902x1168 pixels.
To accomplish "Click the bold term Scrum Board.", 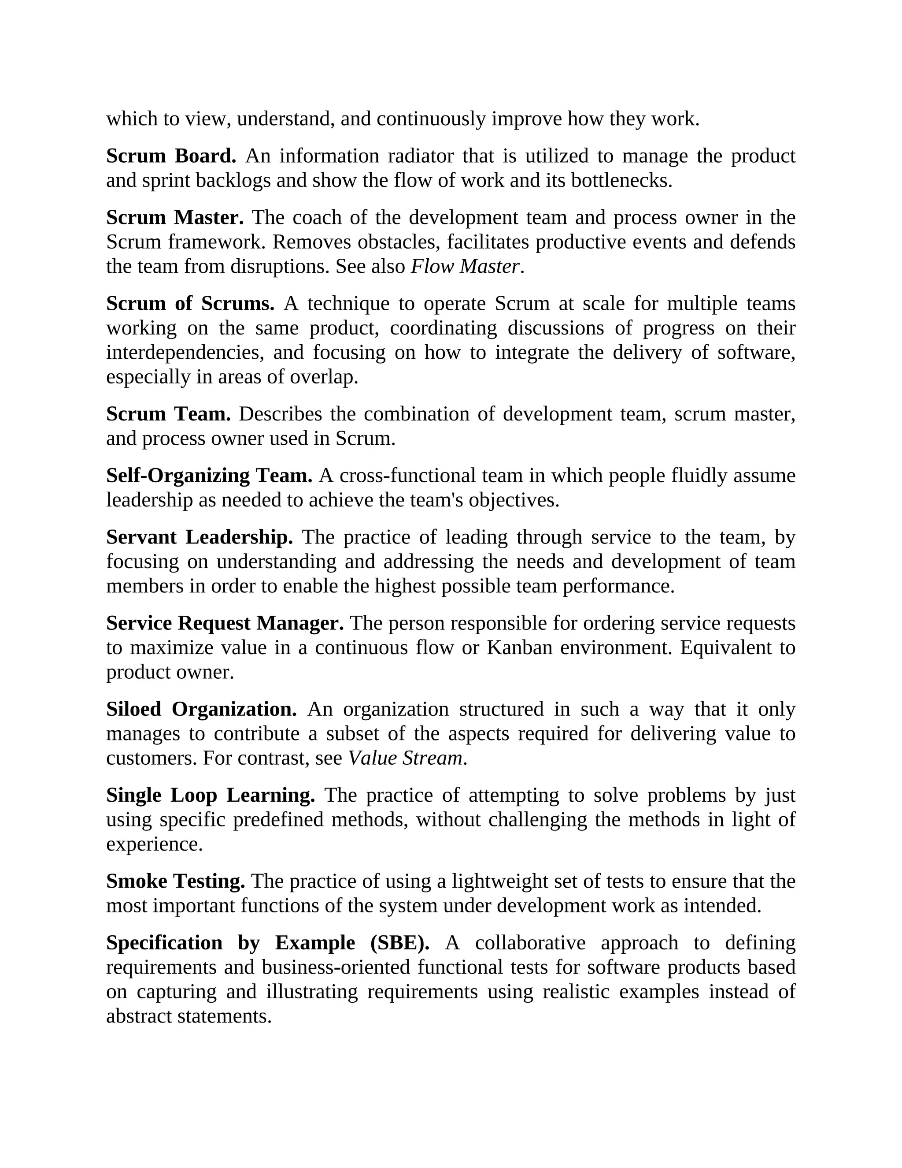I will pyautogui.click(x=171, y=156).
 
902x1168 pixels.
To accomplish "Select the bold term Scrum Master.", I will pyautogui.click(x=175, y=218).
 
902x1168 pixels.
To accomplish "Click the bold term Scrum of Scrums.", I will pyautogui.click(x=190, y=304).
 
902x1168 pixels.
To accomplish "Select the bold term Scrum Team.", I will pyautogui.click(x=168, y=414).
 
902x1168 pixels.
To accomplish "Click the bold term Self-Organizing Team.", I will pyautogui.click(x=209, y=476).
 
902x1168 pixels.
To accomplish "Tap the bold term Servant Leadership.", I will pyautogui.click(x=200, y=537).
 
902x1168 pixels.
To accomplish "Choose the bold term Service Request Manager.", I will pyautogui.click(x=225, y=623).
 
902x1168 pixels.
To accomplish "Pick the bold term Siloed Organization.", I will pyautogui.click(x=201, y=709).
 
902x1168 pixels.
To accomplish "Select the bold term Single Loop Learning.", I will pyautogui.click(x=211, y=795).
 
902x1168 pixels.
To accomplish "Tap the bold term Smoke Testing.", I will pyautogui.click(x=175, y=882).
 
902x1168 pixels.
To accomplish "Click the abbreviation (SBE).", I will pyautogui.click(x=400, y=943).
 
